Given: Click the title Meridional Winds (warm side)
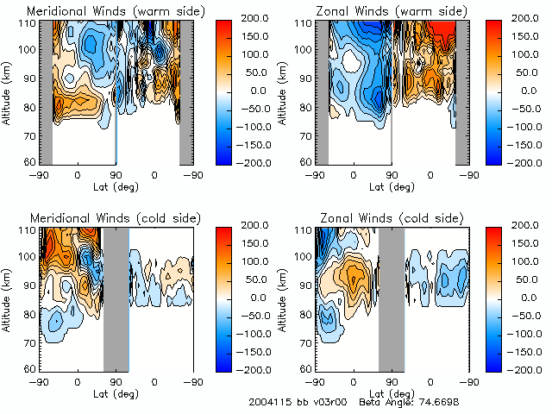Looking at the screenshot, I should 116,9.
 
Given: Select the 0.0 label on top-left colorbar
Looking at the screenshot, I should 247,90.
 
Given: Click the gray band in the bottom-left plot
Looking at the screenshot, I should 116,298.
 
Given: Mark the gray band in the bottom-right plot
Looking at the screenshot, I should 391,298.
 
